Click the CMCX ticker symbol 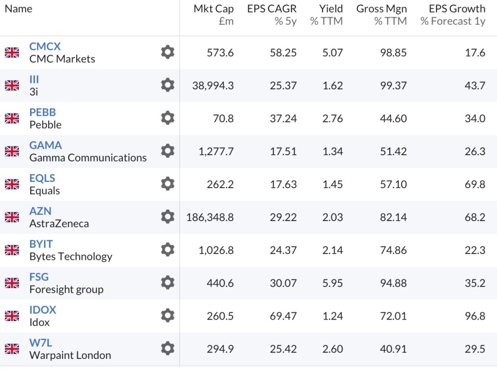45,47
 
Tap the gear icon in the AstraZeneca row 167,217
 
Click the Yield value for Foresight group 332,283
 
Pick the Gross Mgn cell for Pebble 393,118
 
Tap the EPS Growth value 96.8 475,316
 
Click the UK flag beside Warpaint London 12,349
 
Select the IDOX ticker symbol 43,309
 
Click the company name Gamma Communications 88,158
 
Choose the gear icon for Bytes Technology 167,250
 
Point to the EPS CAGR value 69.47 283,316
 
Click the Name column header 18,9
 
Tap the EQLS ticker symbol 42,178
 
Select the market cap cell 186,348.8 210,217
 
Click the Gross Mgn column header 381,9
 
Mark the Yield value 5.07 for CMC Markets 332,52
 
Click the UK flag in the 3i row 12,85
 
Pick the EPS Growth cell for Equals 475,184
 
